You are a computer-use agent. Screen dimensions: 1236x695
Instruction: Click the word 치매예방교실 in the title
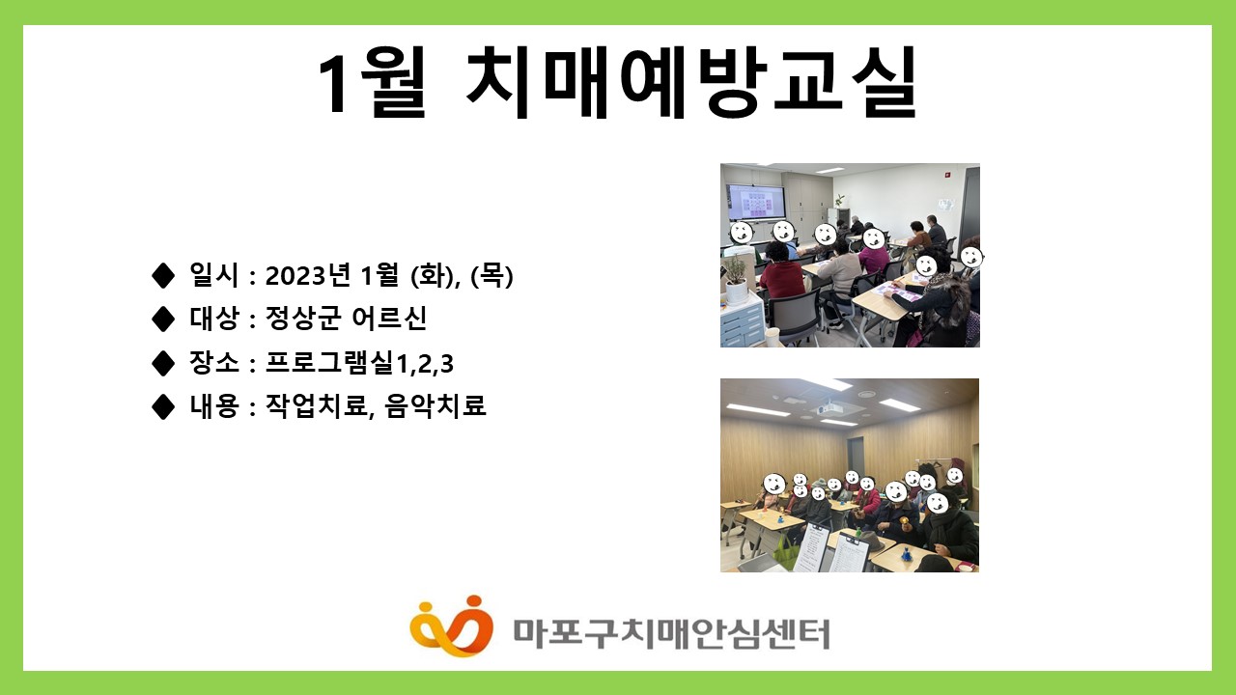(x=690, y=83)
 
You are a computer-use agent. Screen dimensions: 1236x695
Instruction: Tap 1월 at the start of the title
(x=372, y=83)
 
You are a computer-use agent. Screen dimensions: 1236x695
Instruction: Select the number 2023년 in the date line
(x=308, y=275)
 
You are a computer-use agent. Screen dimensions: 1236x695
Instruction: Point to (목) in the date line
(x=492, y=275)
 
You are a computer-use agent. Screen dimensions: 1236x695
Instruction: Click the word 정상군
(x=302, y=318)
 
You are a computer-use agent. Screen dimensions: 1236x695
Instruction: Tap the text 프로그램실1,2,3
(x=359, y=362)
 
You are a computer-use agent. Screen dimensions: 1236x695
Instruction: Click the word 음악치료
(x=435, y=405)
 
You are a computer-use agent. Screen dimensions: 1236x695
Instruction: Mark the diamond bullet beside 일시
(x=163, y=275)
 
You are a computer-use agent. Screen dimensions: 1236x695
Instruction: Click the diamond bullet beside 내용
(x=163, y=406)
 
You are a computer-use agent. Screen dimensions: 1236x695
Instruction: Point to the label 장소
(x=214, y=362)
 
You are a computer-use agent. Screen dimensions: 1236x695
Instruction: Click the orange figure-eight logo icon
(x=451, y=626)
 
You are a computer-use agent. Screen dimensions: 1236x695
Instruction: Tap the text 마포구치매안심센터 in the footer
(x=671, y=634)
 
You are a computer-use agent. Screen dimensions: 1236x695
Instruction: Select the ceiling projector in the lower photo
(x=830, y=409)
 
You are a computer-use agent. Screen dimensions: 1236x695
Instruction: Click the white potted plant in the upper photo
(x=736, y=281)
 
